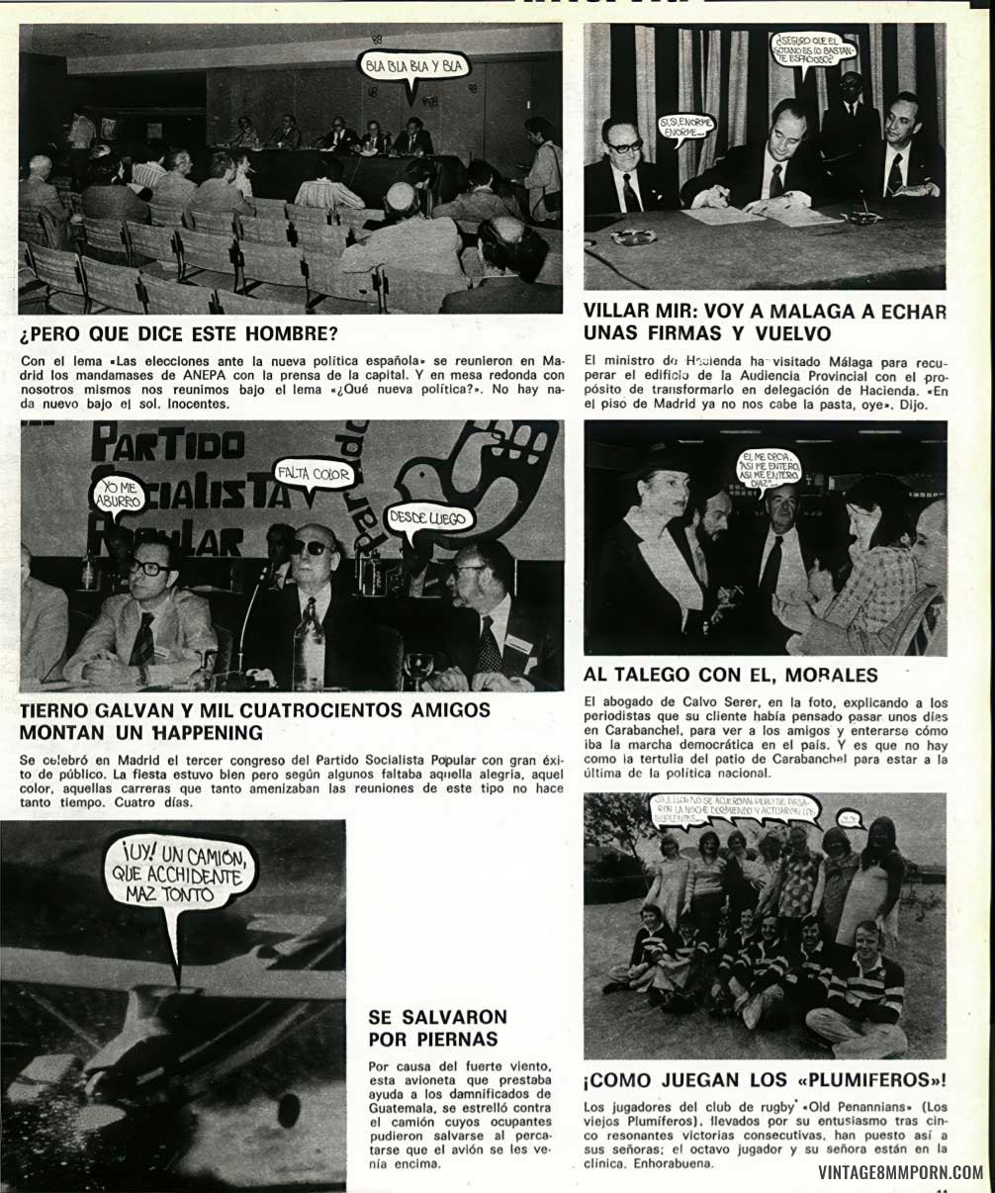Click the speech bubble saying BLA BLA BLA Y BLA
[x=412, y=67]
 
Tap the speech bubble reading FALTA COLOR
[x=315, y=475]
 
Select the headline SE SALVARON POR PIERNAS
[x=437, y=1029]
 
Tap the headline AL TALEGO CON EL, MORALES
[x=731, y=676]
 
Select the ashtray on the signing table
[x=633, y=237]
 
